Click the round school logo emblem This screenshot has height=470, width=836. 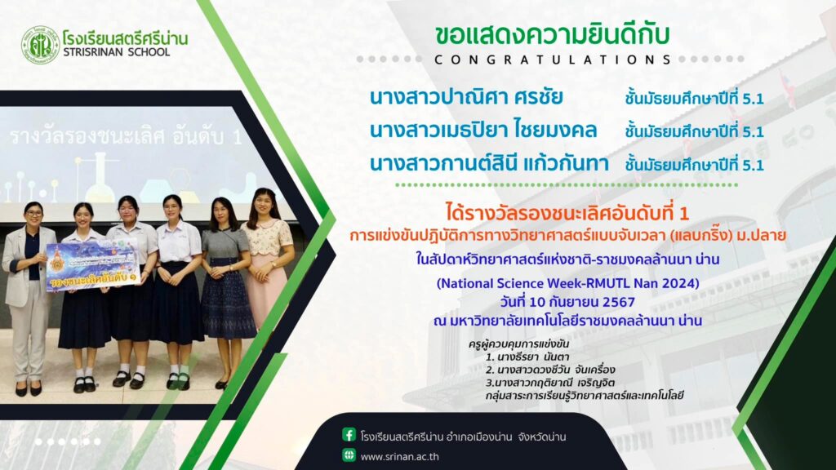40,46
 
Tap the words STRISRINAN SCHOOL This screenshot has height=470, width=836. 116,52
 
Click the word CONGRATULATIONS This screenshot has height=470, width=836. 553,60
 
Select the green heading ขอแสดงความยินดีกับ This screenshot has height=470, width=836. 552,34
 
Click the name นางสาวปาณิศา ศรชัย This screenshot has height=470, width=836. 466,98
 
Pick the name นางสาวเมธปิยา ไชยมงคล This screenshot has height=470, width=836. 483,131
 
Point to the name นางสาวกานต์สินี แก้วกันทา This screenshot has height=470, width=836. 490,163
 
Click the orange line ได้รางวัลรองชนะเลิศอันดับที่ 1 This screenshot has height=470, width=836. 567,214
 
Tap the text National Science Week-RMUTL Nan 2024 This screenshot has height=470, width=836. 568,283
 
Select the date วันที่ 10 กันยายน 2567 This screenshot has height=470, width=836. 567,302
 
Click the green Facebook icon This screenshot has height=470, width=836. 349,435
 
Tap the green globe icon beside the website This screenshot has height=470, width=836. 349,455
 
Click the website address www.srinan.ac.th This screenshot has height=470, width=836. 400,457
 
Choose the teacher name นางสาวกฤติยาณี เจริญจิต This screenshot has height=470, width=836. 550,383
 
